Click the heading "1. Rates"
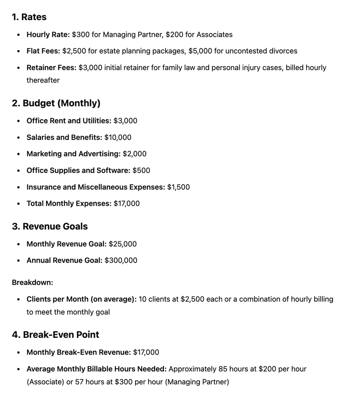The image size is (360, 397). [29, 17]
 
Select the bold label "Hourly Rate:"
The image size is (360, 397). [48, 35]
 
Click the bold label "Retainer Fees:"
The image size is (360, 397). [51, 68]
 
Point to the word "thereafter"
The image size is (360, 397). [43, 80]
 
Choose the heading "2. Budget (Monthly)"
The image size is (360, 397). [56, 103]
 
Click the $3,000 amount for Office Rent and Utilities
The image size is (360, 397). [125, 121]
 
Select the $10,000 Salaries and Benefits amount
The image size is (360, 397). [118, 138]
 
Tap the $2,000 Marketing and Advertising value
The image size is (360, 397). [135, 154]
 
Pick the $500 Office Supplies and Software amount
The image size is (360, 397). [141, 171]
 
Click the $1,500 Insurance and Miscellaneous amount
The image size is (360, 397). [178, 187]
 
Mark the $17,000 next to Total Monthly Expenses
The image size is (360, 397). [127, 204]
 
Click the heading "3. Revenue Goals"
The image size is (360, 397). [50, 227]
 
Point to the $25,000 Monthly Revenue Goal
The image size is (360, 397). [123, 244]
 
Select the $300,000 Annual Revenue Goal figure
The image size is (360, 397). [121, 261]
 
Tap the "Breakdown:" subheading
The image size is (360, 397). [33, 282]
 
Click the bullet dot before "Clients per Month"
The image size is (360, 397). [19, 299]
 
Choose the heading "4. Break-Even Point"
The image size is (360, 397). [56, 335]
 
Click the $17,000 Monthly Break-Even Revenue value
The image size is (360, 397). [146, 352]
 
